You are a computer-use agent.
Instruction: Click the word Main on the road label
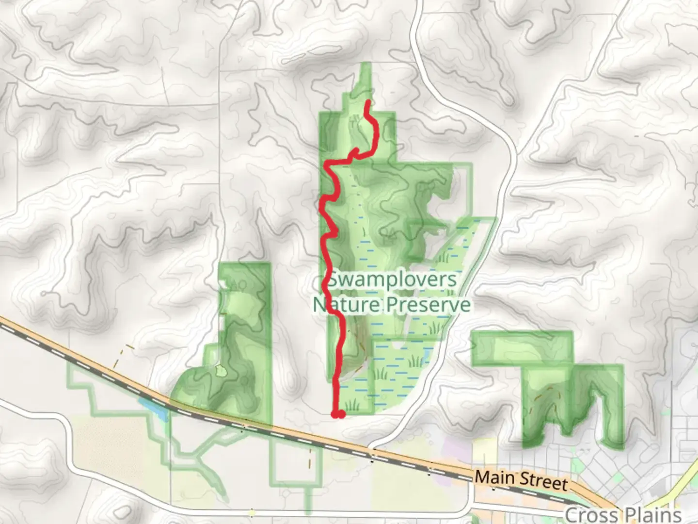click(494, 477)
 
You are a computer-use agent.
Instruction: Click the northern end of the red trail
click(368, 102)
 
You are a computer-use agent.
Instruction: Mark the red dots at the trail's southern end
click(338, 414)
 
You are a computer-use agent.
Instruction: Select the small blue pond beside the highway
click(153, 409)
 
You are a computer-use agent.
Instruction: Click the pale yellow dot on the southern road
click(251, 513)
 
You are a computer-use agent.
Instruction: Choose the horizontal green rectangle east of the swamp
click(522, 347)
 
